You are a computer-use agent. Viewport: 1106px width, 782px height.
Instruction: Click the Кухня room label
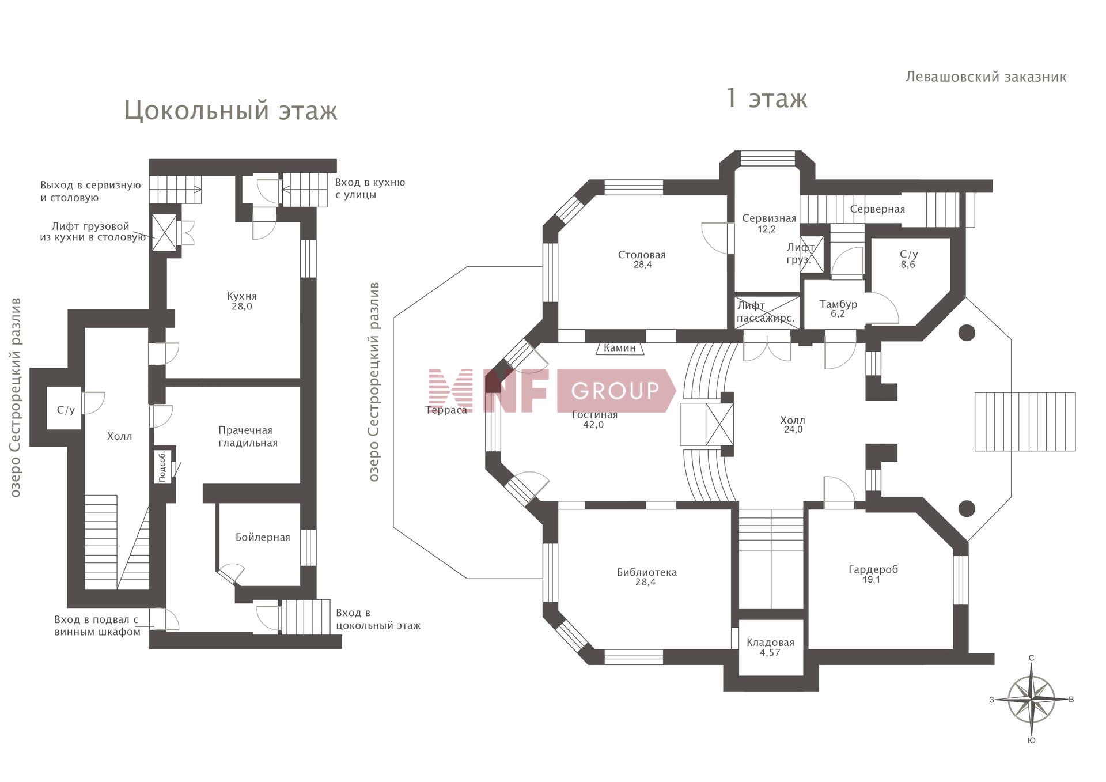[242, 296]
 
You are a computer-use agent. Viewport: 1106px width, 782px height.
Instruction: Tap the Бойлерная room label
[263, 538]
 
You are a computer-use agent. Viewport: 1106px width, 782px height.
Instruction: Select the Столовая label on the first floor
[642, 255]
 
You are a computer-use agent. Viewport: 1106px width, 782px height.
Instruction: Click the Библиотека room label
[647, 572]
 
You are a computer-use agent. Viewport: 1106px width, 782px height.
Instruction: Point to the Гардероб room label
[873, 570]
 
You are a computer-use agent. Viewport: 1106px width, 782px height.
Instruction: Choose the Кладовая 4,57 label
[770, 647]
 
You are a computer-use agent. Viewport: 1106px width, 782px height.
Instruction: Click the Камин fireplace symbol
[620, 348]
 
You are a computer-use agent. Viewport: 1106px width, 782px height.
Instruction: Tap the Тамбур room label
[838, 304]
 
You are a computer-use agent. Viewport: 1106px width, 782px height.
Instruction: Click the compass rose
[1032, 699]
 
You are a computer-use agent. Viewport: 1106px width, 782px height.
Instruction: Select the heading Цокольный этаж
[230, 110]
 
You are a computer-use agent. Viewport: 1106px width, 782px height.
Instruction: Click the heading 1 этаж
[767, 98]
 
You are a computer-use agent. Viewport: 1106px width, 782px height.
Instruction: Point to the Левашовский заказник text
[986, 77]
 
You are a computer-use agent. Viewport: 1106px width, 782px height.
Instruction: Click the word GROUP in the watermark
[615, 391]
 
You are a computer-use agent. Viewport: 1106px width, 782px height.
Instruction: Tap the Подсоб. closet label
[162, 466]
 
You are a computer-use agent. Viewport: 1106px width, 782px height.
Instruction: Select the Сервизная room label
[769, 218]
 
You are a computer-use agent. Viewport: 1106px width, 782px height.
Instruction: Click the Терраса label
[446, 410]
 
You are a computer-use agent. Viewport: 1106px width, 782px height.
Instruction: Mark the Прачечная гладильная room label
[248, 437]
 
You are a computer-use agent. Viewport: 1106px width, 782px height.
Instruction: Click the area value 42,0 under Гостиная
[593, 425]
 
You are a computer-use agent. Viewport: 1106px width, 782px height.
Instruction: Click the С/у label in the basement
[66, 410]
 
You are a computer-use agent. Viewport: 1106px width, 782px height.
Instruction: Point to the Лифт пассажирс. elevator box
[767, 312]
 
